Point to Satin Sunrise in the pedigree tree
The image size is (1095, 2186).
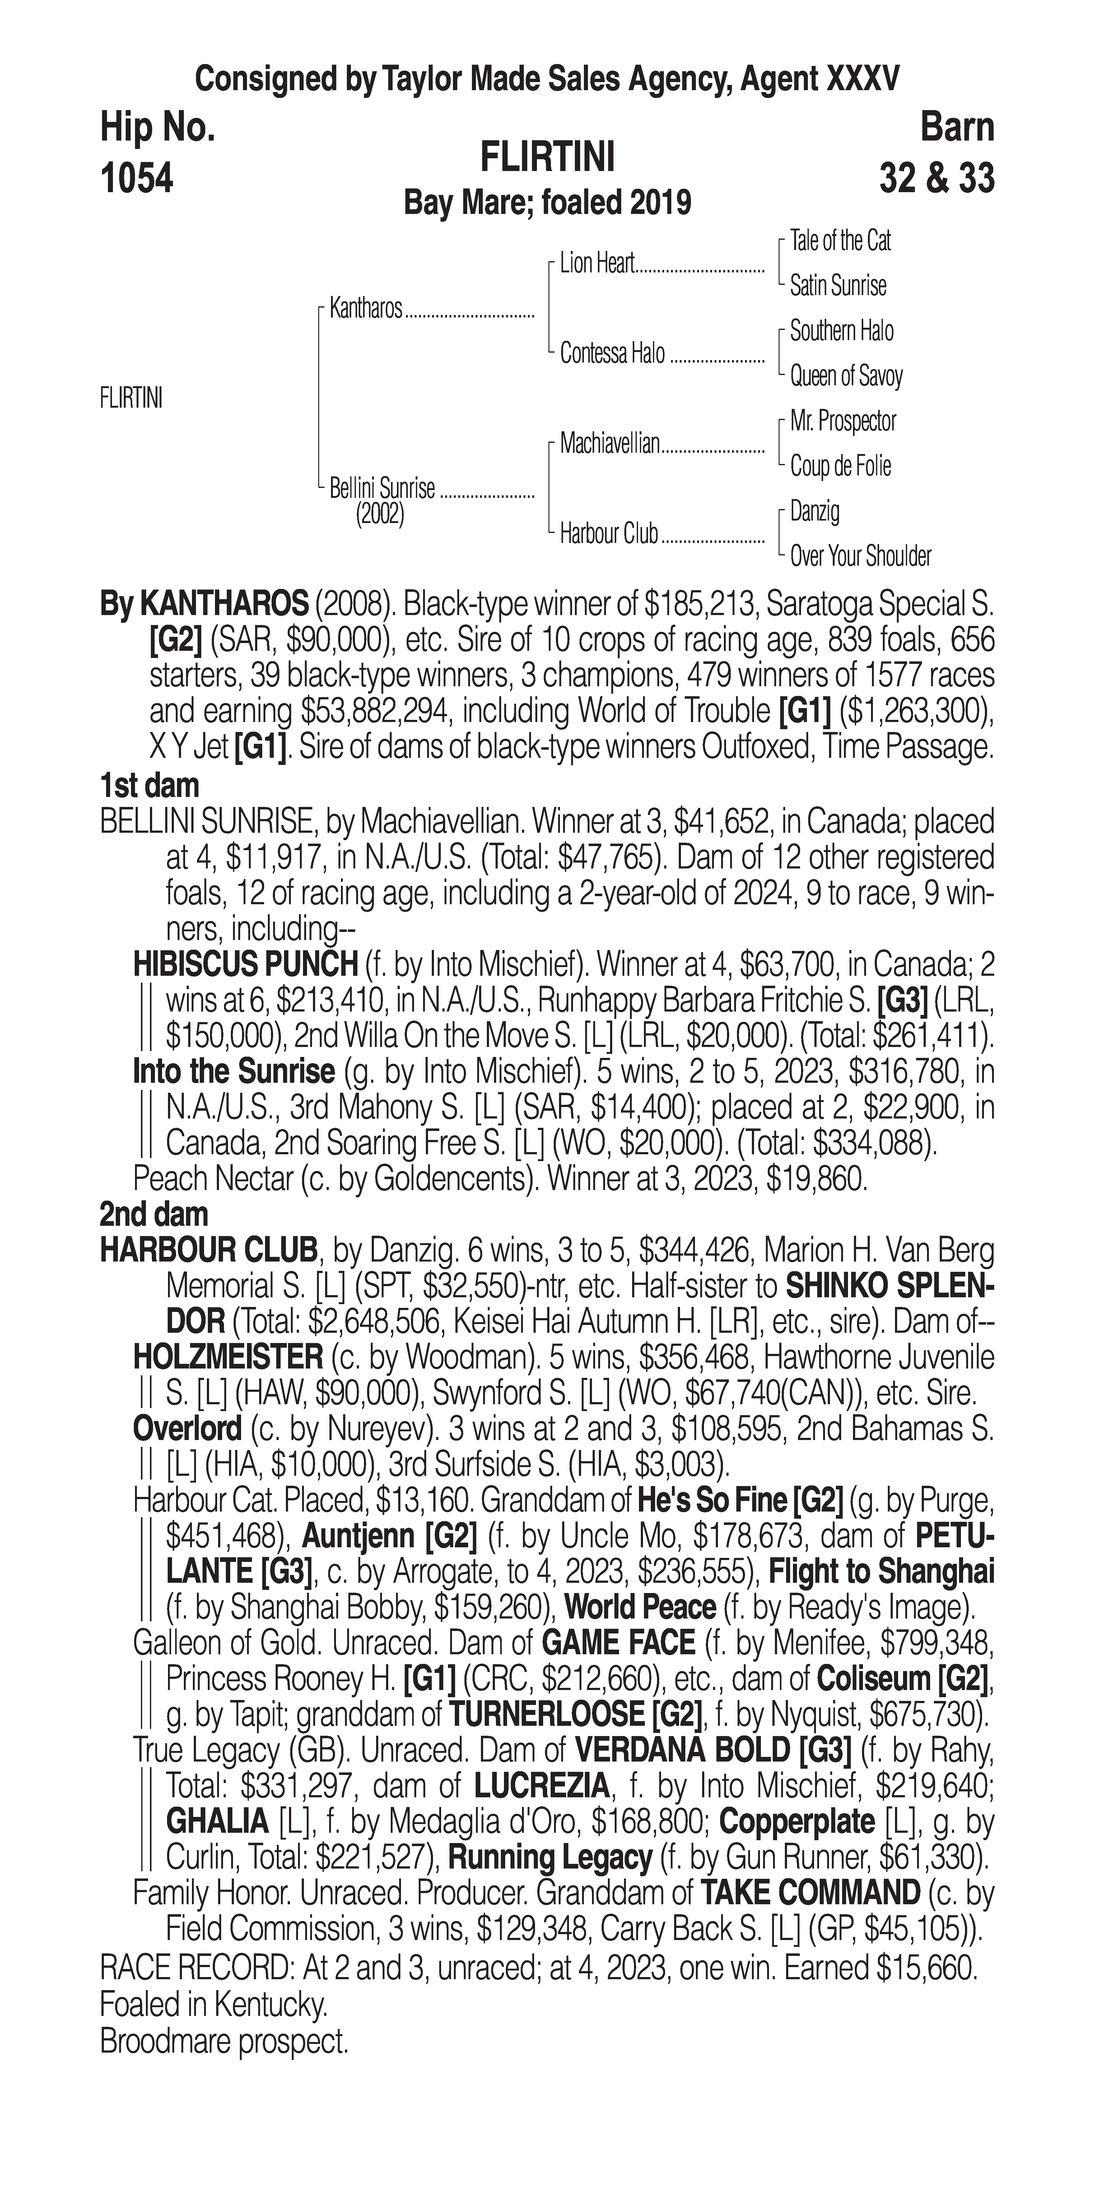point(838,286)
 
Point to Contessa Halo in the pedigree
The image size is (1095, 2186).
point(612,354)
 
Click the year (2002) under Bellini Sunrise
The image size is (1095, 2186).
point(380,514)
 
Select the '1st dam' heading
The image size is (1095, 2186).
point(149,785)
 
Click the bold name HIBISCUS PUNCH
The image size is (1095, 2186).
point(245,964)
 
